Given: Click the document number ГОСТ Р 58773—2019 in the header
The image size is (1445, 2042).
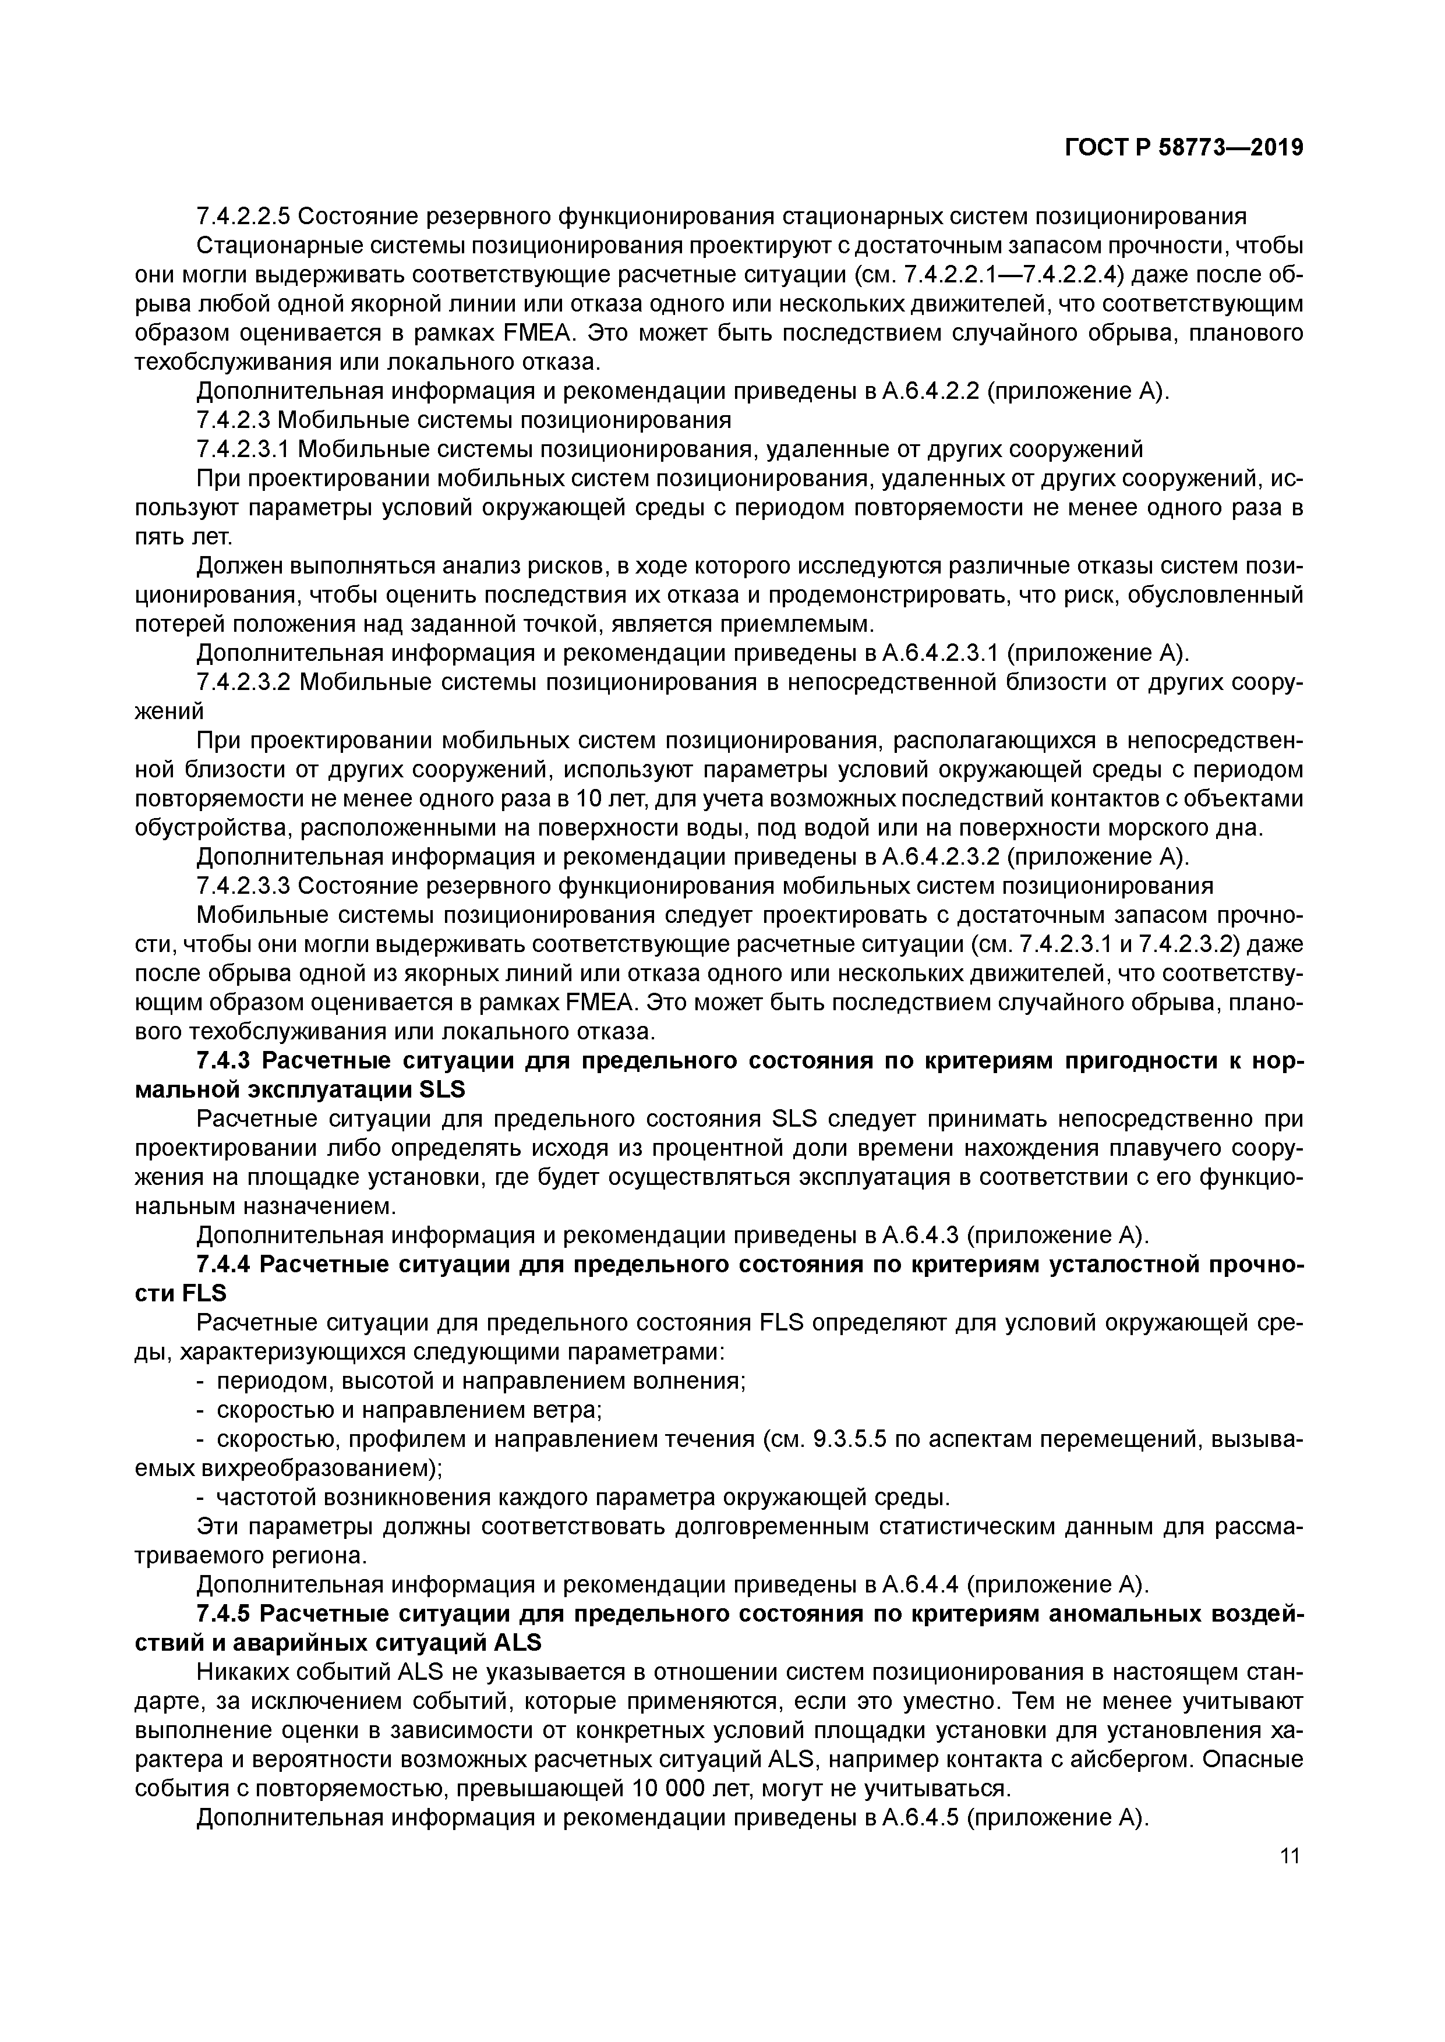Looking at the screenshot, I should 1183,148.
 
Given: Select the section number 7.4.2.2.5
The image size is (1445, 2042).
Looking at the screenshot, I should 242,216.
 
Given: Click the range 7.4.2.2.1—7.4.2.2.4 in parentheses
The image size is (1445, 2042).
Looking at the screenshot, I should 1034,275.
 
